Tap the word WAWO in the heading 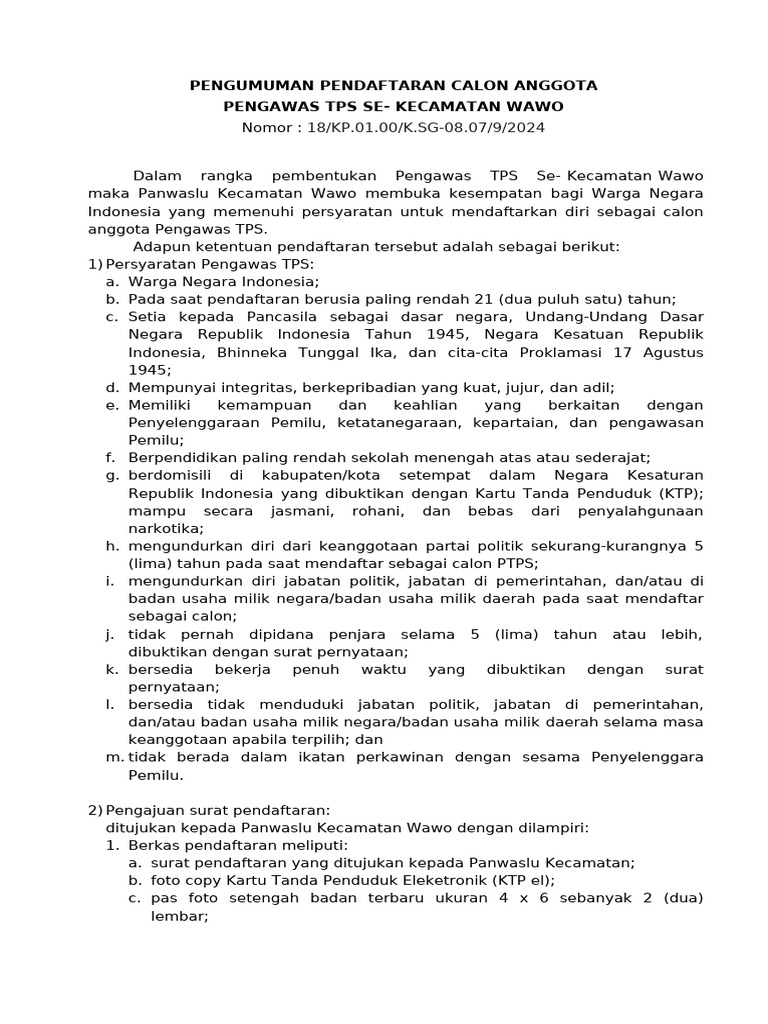[536, 106]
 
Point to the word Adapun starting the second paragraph [161, 246]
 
